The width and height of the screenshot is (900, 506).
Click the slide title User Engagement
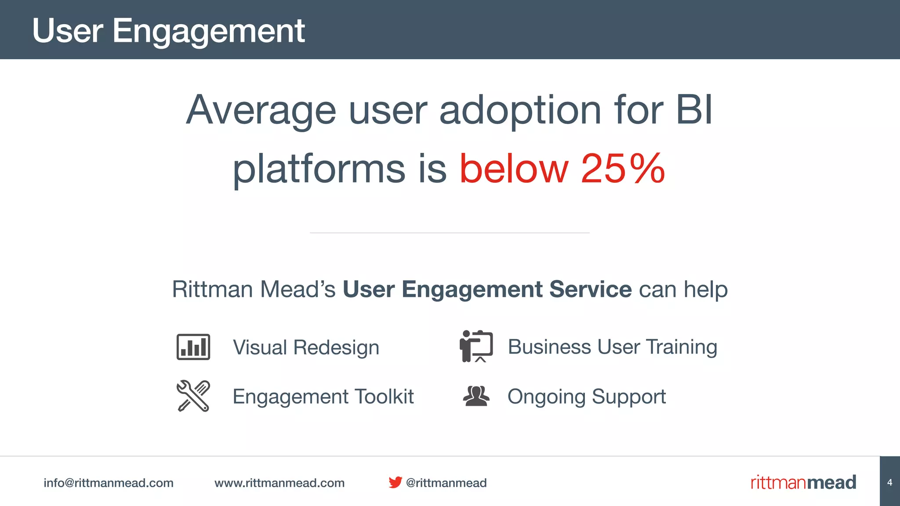(x=168, y=31)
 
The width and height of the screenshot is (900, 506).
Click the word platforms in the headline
(x=319, y=169)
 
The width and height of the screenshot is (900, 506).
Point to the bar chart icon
(x=193, y=347)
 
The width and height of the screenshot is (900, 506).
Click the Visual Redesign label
(x=306, y=347)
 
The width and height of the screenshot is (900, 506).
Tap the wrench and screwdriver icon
(x=193, y=396)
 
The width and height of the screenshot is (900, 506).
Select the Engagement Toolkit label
(x=323, y=397)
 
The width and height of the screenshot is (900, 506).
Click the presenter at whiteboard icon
(x=476, y=346)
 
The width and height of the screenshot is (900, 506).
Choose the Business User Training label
(x=612, y=347)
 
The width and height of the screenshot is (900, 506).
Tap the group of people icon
(x=476, y=396)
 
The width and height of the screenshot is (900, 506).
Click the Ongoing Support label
(x=587, y=397)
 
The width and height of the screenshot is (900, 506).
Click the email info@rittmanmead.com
(x=109, y=483)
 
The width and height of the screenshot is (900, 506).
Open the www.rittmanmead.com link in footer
(x=279, y=483)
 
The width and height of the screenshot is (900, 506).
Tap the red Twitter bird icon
(x=395, y=482)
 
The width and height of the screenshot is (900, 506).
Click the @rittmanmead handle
(x=446, y=483)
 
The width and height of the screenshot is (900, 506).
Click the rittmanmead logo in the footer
(x=803, y=482)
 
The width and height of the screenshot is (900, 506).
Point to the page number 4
(x=890, y=482)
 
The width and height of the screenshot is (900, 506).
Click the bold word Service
(x=590, y=289)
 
